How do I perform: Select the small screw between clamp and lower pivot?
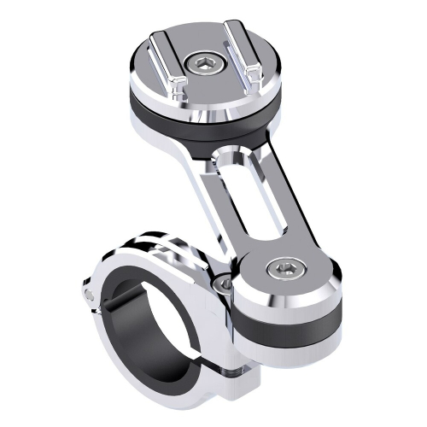point(224,284)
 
